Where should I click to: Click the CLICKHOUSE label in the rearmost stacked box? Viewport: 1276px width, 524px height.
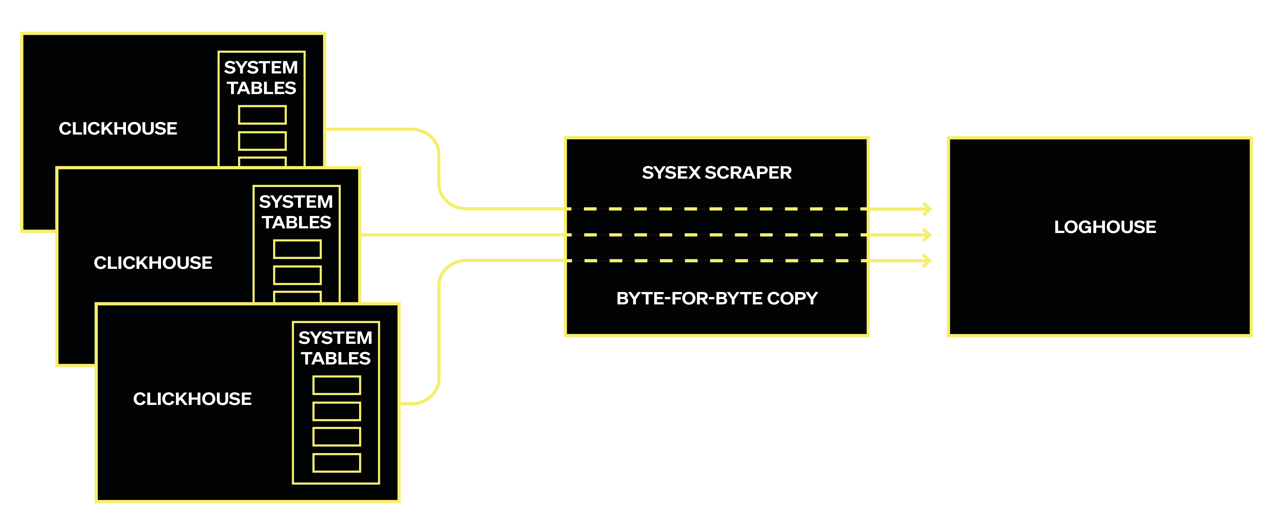click(x=118, y=128)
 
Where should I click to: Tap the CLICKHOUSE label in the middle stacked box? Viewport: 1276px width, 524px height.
click(x=153, y=263)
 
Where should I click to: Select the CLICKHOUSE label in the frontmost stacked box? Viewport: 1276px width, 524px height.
click(x=192, y=399)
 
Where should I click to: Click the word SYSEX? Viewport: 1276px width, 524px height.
click(x=671, y=172)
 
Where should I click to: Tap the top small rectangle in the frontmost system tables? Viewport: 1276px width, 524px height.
click(x=336, y=385)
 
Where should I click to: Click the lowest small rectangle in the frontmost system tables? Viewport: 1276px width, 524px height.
click(x=336, y=463)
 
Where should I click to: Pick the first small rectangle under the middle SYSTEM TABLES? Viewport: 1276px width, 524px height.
click(x=297, y=249)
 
